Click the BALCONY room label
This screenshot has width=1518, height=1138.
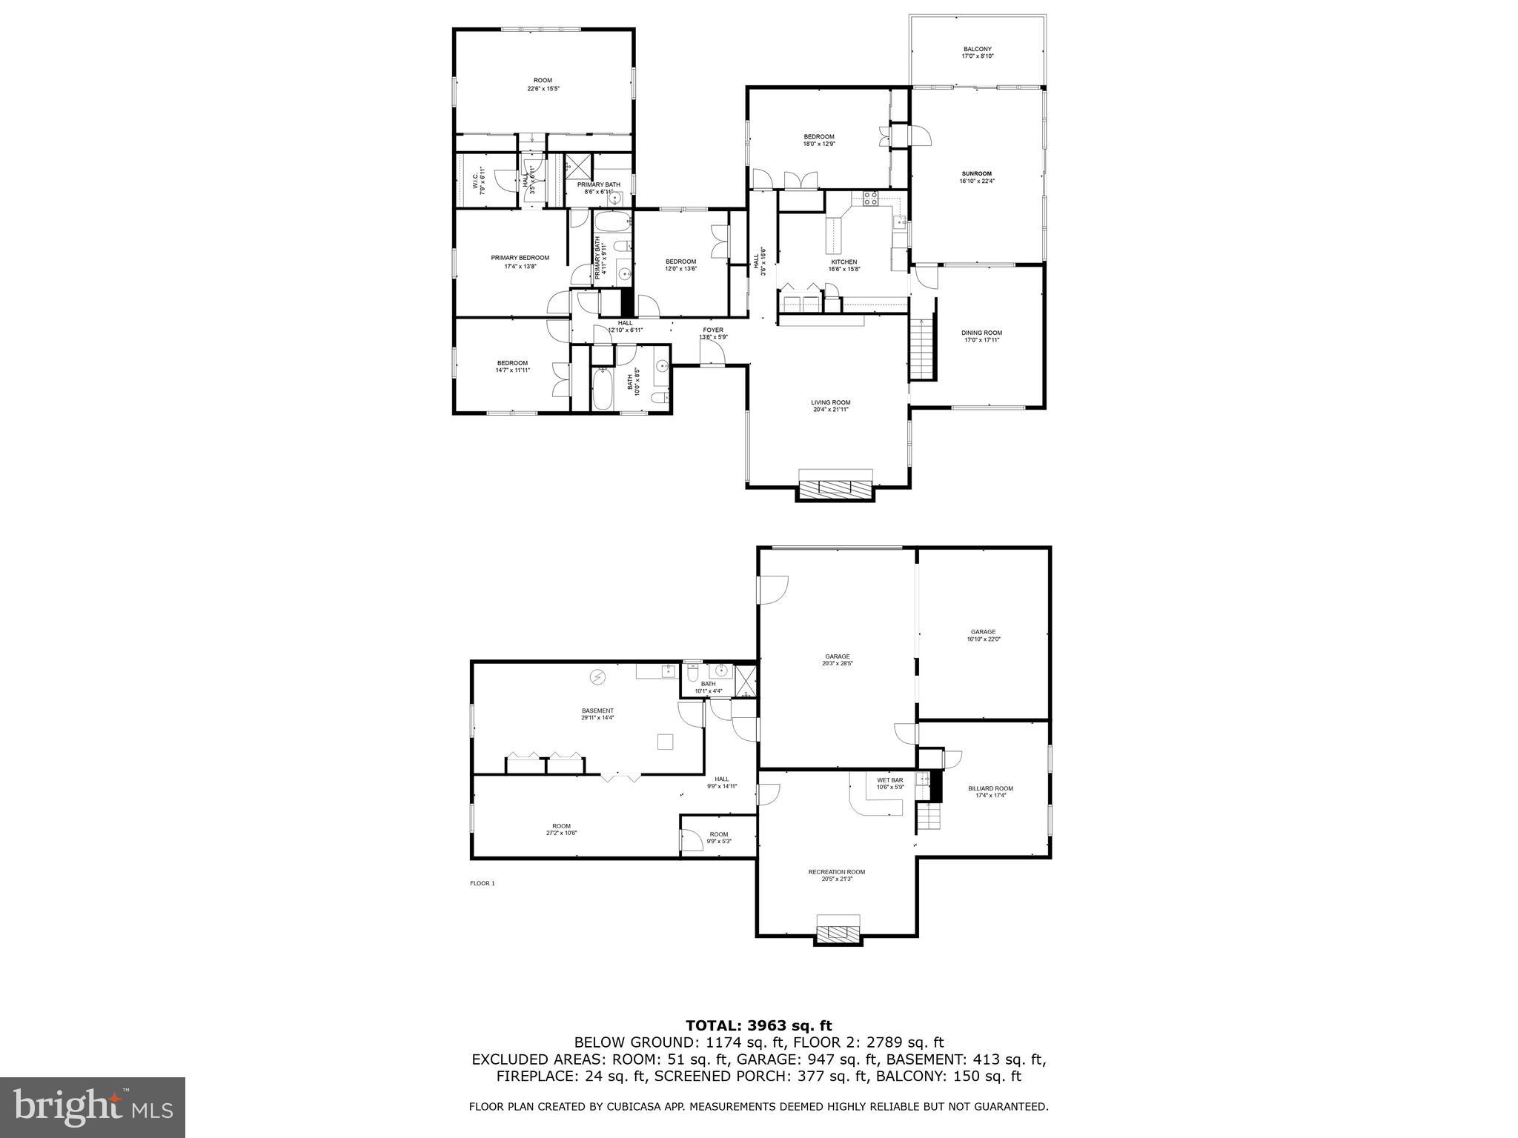tap(977, 50)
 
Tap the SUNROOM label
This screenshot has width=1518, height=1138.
tap(977, 174)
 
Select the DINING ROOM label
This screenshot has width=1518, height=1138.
tap(981, 333)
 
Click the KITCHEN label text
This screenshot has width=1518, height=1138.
tap(843, 262)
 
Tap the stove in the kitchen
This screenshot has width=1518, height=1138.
tap(870, 199)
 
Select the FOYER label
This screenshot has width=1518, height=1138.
tap(713, 330)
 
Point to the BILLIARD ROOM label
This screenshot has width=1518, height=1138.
tap(990, 788)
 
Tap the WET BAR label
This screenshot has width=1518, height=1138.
tap(889, 780)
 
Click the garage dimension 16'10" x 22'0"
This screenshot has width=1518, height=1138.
tap(983, 639)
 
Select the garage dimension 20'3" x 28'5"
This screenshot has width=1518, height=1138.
tap(837, 664)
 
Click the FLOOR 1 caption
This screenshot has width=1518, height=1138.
tap(482, 883)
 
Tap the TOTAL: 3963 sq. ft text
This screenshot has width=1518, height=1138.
tap(758, 1025)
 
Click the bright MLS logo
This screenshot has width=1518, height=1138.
tap(93, 1108)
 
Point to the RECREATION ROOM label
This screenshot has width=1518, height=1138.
tap(836, 872)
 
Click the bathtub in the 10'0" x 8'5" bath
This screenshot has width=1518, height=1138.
tap(602, 390)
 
